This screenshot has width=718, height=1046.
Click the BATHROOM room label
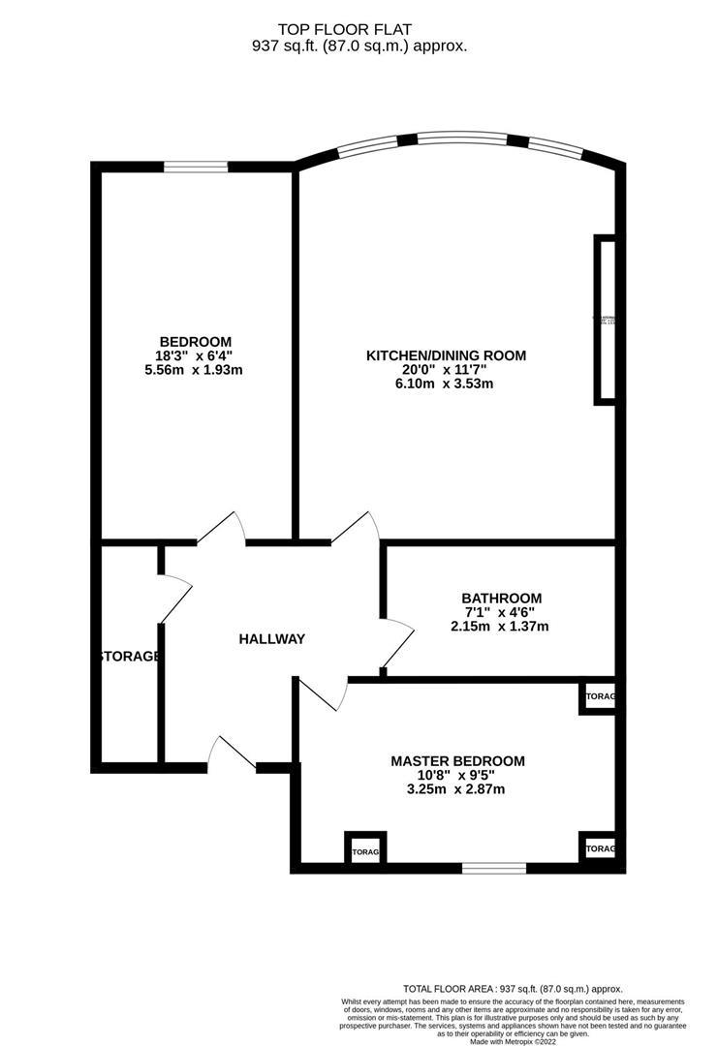(501, 598)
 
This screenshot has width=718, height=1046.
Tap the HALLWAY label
(272, 639)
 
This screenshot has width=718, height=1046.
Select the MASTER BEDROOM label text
(457, 761)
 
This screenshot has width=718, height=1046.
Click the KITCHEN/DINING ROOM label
(446, 355)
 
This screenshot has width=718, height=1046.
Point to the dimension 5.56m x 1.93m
(195, 371)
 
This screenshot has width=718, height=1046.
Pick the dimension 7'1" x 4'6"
(501, 612)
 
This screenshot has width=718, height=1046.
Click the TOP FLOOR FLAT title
(359, 31)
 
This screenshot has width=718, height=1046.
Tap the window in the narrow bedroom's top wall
(195, 167)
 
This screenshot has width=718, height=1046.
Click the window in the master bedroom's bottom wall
(493, 867)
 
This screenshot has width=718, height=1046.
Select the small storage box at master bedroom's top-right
(597, 697)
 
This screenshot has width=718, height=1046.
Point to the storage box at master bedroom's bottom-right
(597, 848)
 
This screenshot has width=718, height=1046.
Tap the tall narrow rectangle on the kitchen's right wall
(606, 319)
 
